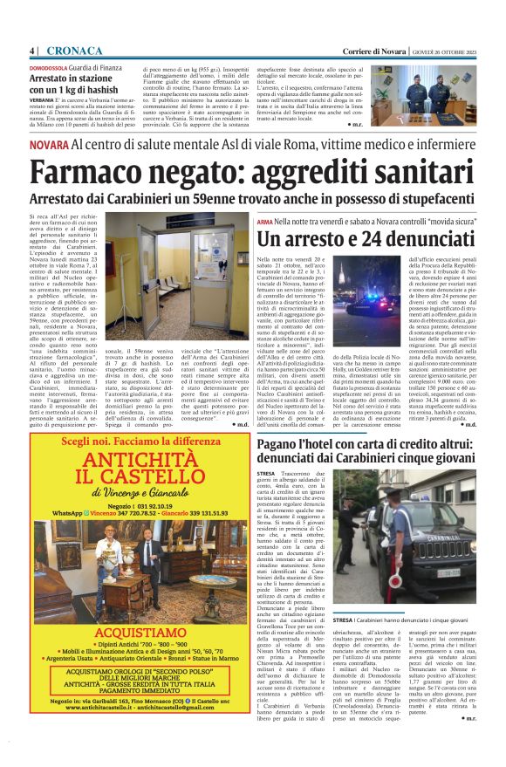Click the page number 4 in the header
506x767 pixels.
(x=31, y=51)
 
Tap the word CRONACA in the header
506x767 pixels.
(x=68, y=51)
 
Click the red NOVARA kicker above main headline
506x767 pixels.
(x=47, y=145)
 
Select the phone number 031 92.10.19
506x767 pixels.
(x=152, y=506)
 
